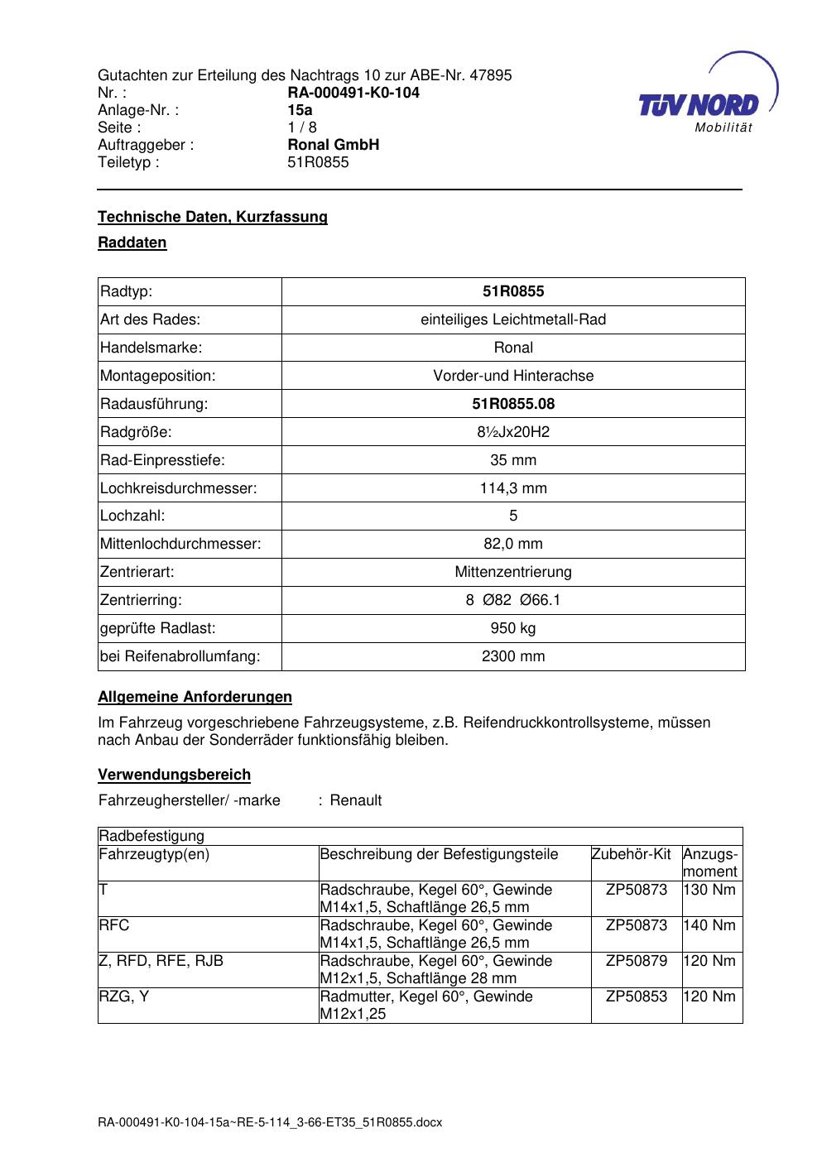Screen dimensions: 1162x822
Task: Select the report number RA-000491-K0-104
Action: [353, 93]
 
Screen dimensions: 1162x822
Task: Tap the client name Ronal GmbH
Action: [334, 145]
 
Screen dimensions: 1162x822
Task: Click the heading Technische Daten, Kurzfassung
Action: [213, 217]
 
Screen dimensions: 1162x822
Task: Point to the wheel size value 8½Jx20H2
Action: [513, 432]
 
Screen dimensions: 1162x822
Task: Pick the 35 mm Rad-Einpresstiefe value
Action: [513, 460]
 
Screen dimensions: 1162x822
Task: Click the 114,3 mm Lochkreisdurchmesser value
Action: [513, 488]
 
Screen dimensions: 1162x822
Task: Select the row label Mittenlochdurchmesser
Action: [180, 544]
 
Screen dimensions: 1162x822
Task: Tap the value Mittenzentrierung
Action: [513, 572]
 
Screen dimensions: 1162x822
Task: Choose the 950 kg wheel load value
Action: [513, 628]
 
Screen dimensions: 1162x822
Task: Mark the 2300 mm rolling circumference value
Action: [513, 656]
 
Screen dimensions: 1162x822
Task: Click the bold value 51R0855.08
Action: [513, 404]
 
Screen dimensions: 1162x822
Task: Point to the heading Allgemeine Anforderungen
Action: [195, 697]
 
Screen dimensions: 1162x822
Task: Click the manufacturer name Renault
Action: [356, 800]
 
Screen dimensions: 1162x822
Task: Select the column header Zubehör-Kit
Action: [631, 854]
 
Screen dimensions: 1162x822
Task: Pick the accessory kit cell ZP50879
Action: [636, 961]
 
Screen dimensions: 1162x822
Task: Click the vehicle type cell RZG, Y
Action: [124, 996]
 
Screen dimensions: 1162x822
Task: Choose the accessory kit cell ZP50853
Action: [636, 996]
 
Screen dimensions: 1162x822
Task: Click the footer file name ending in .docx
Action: [270, 1123]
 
